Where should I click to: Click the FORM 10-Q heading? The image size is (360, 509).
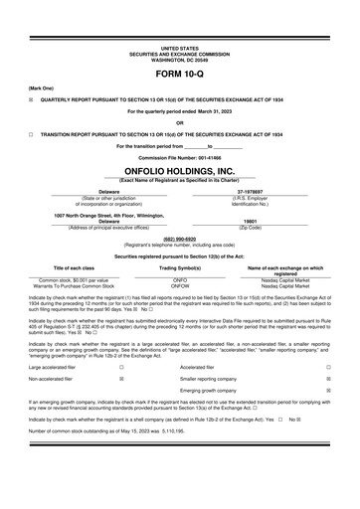[x=179, y=75]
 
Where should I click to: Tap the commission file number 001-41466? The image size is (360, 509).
[x=179, y=157]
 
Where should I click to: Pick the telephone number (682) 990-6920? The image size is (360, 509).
[x=179, y=239]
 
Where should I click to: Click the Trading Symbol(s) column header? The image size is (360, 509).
[x=180, y=268]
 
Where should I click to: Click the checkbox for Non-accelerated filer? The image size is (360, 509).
[x=121, y=379]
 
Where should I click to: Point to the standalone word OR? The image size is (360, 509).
[x=179, y=122]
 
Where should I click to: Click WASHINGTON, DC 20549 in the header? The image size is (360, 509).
[x=179, y=58]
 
